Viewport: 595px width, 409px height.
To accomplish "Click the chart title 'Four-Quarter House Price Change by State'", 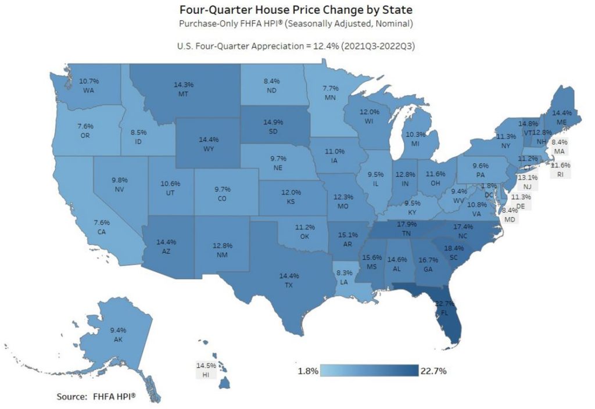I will pyautogui.click(x=296, y=10).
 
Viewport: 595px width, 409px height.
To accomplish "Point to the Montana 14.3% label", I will pyautogui.click(x=184, y=89).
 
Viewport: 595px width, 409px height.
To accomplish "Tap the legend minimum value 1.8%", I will pyautogui.click(x=307, y=371).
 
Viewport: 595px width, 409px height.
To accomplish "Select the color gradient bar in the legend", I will pyautogui.click(x=370, y=371).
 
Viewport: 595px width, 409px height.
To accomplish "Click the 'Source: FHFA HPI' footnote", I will pyautogui.click(x=96, y=396).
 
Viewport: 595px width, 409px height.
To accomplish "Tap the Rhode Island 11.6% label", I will pyautogui.click(x=562, y=168).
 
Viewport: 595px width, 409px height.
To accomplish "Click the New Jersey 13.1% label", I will pyautogui.click(x=528, y=182).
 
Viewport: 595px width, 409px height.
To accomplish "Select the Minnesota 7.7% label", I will pyautogui.click(x=331, y=93).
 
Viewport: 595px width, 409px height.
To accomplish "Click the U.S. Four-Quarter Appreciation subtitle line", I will pyautogui.click(x=296, y=45).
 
